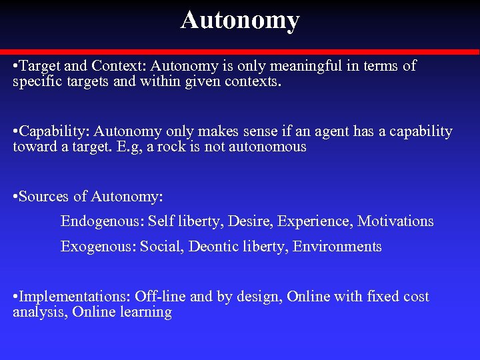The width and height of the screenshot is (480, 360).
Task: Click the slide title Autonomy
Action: [x=240, y=20]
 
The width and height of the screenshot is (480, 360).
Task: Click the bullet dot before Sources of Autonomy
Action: [x=15, y=197]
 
